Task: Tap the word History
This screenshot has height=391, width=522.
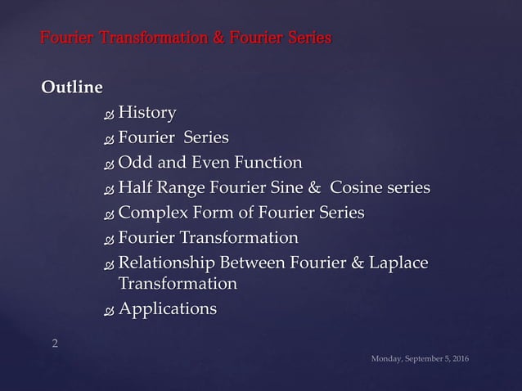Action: pyautogui.click(x=147, y=112)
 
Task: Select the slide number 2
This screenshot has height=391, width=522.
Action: pyautogui.click(x=55, y=344)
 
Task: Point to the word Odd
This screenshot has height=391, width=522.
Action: pyautogui.click(x=135, y=163)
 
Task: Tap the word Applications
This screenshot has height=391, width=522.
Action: pyautogui.click(x=168, y=309)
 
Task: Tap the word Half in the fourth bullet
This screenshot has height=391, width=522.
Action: pyautogui.click(x=135, y=188)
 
